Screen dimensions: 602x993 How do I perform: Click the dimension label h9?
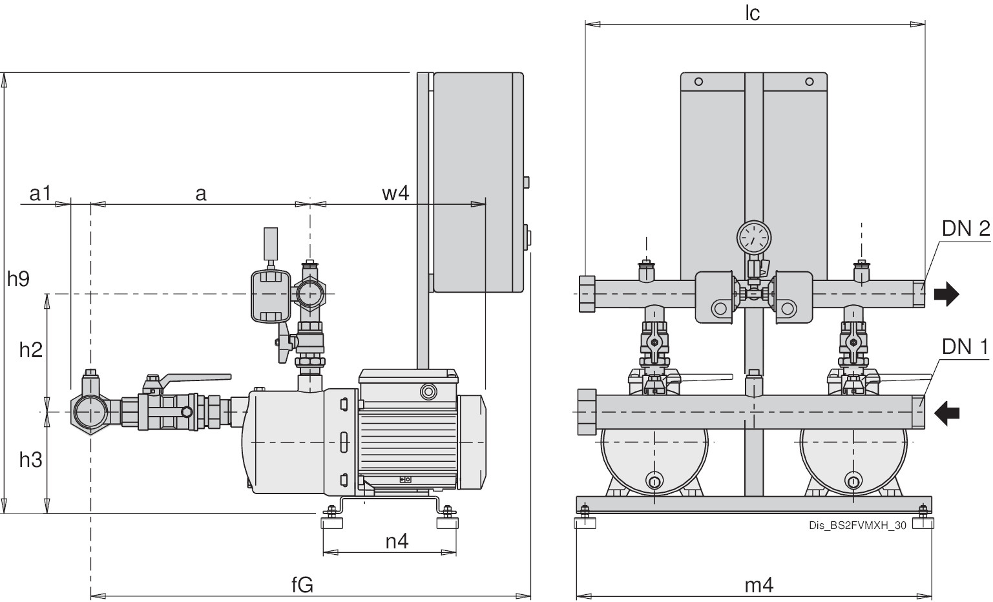click(18, 278)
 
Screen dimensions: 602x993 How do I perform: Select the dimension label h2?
click(30, 349)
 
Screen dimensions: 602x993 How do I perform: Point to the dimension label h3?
click(30, 460)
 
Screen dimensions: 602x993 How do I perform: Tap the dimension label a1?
click(40, 192)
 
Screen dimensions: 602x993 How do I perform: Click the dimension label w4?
click(395, 192)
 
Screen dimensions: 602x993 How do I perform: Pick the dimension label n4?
click(397, 541)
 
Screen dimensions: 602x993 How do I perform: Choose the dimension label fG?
click(302, 585)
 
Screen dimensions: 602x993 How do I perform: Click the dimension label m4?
click(758, 585)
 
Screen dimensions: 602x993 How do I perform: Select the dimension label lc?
click(752, 13)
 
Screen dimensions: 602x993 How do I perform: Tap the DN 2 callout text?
click(965, 228)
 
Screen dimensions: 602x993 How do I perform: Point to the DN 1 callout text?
click(965, 347)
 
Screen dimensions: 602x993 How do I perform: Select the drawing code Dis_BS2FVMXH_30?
click(857, 525)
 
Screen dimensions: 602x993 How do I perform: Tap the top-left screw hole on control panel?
click(698, 82)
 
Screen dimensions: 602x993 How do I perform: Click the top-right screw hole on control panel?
click(809, 82)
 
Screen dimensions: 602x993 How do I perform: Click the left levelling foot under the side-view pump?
click(331, 521)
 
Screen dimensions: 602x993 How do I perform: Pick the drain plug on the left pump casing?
click(654, 481)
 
